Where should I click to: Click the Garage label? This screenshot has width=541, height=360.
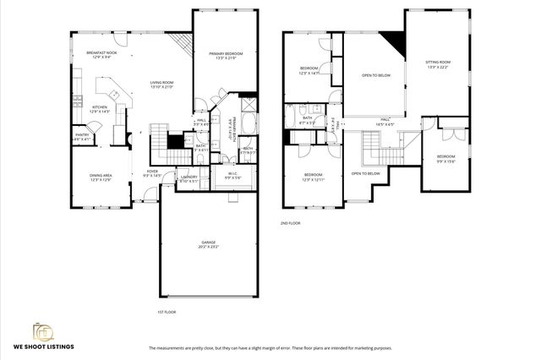point(208,244)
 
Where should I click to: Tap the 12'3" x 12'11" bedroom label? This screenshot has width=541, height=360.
point(314,177)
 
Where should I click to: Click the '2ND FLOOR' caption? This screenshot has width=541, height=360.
point(291,223)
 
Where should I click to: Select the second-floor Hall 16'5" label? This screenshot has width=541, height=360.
point(385,122)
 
